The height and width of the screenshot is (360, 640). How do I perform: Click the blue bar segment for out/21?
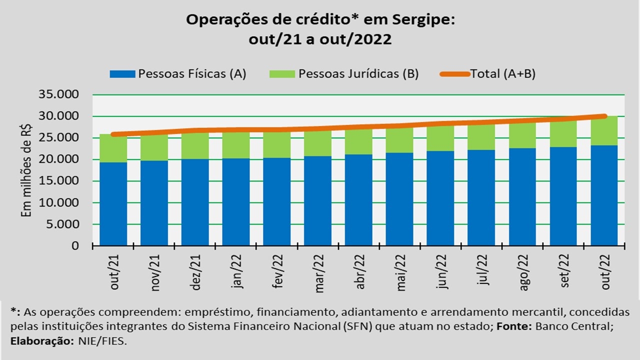113,203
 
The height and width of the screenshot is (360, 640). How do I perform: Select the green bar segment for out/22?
604,131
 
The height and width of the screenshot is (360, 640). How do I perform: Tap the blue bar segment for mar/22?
318,200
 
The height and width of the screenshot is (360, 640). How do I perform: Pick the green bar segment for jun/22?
441,138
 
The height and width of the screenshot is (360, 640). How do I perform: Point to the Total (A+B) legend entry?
502,74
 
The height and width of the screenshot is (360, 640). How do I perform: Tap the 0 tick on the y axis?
75,246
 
